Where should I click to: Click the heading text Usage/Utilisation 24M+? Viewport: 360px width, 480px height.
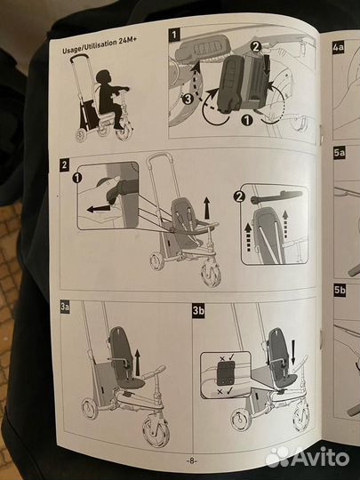click(100, 45)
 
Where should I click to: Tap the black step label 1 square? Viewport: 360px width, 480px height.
click(174, 35)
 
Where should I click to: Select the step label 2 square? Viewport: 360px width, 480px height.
click(64, 164)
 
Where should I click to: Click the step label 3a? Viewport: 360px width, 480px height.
click(65, 307)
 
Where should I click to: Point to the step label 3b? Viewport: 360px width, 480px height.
click(198, 311)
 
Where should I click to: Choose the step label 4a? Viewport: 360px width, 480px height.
click(339, 48)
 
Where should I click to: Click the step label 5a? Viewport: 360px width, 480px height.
click(340, 153)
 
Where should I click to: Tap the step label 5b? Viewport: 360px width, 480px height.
click(340, 290)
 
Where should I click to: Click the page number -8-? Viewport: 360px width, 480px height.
click(191, 460)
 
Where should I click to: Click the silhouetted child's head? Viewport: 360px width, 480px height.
click(102, 76)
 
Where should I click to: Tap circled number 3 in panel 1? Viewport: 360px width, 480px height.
click(188, 99)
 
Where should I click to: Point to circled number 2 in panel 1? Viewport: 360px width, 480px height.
click(256, 47)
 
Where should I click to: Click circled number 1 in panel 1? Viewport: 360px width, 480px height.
click(247, 120)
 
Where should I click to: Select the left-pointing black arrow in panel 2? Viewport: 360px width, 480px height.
click(99, 209)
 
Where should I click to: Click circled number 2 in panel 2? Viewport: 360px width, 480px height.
click(239, 196)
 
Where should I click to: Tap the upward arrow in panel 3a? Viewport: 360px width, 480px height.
click(138, 363)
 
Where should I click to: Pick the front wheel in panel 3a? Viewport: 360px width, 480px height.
click(156, 429)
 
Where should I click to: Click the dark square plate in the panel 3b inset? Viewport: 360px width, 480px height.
click(226, 373)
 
